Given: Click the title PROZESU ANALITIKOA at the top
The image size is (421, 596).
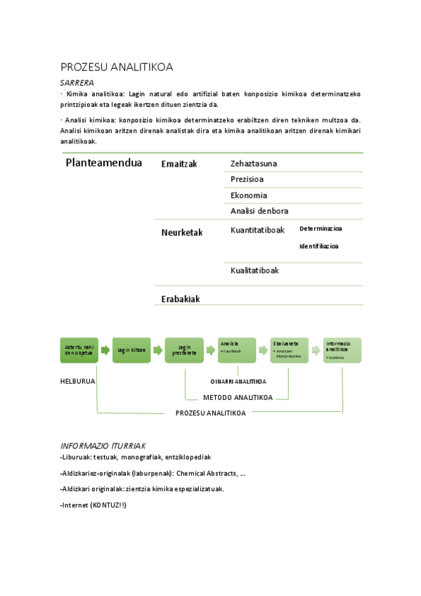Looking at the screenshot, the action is click(117, 67).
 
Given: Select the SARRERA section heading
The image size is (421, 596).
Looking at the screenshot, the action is click(77, 82).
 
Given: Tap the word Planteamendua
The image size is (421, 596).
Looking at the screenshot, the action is click(103, 163).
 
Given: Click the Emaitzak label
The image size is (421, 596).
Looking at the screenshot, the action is click(179, 164).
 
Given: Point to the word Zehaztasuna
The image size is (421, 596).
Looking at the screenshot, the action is click(254, 164).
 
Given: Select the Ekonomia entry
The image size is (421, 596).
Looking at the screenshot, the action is click(249, 195).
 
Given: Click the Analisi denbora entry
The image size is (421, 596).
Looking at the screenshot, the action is click(259, 211).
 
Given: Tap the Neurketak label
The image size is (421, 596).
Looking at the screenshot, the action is click(181, 233).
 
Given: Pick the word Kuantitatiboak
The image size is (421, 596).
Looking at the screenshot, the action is click(257, 230).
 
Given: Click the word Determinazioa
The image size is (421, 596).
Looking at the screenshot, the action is click(320, 228).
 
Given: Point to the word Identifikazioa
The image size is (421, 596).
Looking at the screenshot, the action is click(318, 246).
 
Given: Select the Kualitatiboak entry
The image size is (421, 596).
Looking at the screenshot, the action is click(254, 271).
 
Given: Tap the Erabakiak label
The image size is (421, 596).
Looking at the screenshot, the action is click(181, 299).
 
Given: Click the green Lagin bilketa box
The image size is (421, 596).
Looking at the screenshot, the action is click(131, 350).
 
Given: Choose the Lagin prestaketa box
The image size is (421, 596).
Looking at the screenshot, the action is click(184, 350).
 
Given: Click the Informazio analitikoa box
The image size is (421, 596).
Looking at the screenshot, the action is click(342, 350).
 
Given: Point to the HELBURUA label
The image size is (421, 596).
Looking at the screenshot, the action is click(77, 381).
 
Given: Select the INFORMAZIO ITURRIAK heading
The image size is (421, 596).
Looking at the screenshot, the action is click(103, 446).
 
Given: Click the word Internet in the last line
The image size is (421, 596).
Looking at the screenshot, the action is click(75, 505).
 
